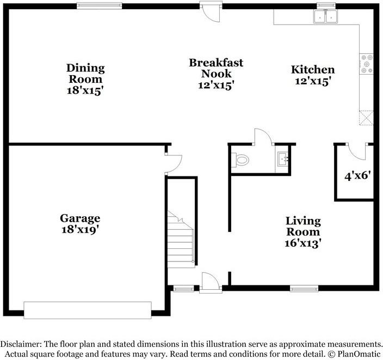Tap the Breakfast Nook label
tap(216, 68)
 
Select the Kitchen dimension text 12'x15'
tap(313, 81)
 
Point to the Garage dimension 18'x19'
tap(80, 230)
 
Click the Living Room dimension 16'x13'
tap(303, 243)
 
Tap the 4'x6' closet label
tap(357, 175)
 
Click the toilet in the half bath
tap(240, 160)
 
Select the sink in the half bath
tap(283, 158)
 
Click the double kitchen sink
tap(325, 17)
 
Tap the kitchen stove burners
tap(367, 64)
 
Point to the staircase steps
tap(180, 239)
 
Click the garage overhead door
tap(88, 310)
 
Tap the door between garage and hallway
tap(174, 163)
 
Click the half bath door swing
tap(264, 137)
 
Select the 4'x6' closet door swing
tap(357, 151)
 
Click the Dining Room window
tap(100, 5)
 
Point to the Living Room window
tap(304, 289)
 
